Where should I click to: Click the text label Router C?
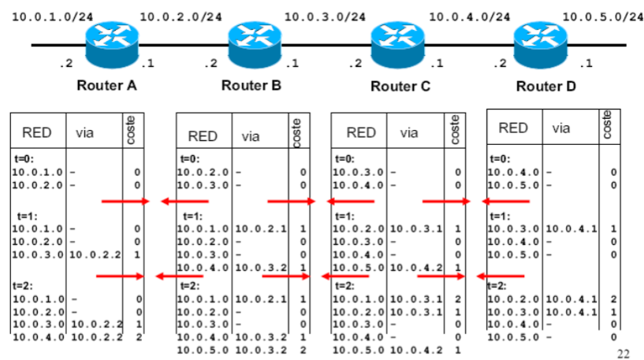[x=400, y=86]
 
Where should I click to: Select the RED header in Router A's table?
[x=37, y=132]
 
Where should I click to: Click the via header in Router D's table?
[x=561, y=128]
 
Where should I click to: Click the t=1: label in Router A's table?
[x=28, y=215]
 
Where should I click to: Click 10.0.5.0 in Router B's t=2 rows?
[x=202, y=349]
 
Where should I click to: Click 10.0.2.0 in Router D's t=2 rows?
[x=513, y=299]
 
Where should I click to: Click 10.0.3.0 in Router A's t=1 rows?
[x=39, y=255]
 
